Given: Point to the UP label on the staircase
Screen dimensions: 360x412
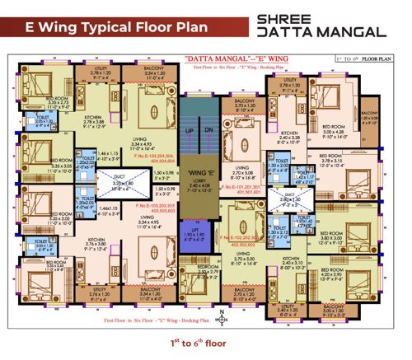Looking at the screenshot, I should [x=189, y=131].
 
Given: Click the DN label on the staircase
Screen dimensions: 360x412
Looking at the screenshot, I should [x=209, y=131].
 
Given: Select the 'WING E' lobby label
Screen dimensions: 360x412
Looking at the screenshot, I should [x=199, y=172].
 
